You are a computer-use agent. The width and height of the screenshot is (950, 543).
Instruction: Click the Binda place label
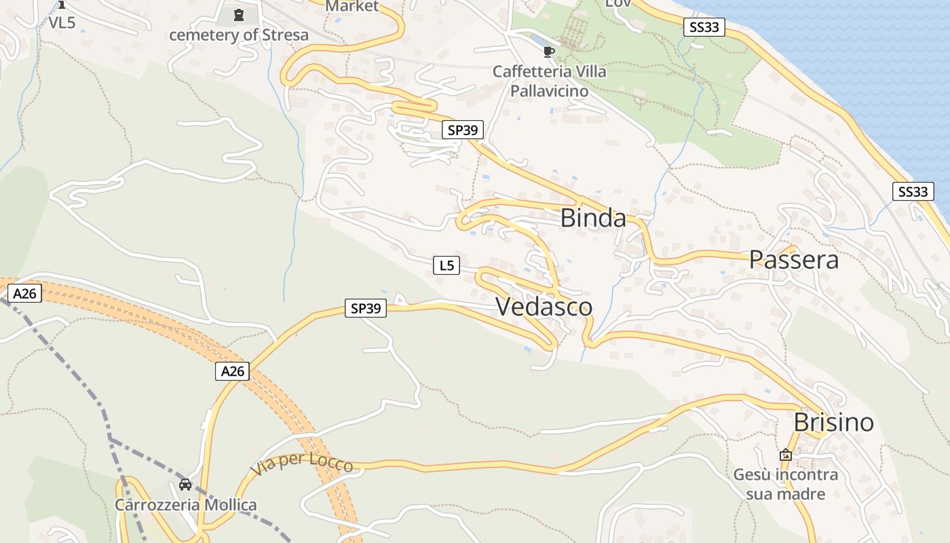pos(593,219)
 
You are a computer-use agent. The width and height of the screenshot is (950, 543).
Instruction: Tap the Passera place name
pos(793,260)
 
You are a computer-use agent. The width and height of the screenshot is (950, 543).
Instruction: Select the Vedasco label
pos(544,307)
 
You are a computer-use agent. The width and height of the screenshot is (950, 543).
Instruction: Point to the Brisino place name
pos(833,423)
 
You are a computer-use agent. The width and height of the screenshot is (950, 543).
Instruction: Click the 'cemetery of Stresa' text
pos(238,35)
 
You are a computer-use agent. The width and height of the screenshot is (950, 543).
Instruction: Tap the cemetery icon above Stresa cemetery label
pos(238,14)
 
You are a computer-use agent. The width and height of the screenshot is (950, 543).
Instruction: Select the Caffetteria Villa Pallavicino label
pos(549,81)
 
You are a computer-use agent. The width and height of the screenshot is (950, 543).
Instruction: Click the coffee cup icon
pos(548,52)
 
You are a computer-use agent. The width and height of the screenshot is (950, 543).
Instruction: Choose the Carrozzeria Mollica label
pos(185,505)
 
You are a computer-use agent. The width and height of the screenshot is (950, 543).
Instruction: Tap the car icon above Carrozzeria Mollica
pos(185,485)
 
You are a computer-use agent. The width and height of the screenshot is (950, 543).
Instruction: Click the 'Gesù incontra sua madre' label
pos(785,484)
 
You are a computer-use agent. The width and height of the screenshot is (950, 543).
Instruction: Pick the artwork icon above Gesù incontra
pos(785,455)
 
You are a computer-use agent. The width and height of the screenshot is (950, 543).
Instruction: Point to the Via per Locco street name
pos(301,464)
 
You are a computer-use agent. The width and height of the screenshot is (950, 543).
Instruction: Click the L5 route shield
pos(446,265)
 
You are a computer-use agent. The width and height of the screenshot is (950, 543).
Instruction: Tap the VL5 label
pos(62,22)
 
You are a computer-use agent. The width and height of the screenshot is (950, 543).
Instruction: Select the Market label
pos(351,7)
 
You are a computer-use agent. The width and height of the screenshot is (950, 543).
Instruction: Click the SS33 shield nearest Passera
pos(911,191)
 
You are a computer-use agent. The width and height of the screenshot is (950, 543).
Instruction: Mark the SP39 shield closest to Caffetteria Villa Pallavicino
pos(463,130)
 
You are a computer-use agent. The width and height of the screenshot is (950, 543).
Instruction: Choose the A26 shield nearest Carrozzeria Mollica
pos(232,371)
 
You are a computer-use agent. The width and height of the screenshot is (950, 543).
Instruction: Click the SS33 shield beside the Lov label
pos(704,27)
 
